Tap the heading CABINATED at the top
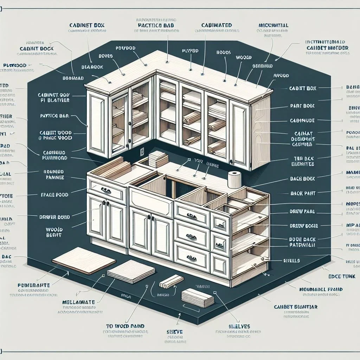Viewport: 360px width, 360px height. (x=217, y=25)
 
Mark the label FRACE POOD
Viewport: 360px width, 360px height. (x=54, y=194)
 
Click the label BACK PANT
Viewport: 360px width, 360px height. (x=303, y=193)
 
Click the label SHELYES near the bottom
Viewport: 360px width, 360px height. (x=240, y=327)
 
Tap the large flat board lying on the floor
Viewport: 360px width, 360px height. (x=84, y=262)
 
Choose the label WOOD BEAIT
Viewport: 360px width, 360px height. (x=54, y=232)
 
